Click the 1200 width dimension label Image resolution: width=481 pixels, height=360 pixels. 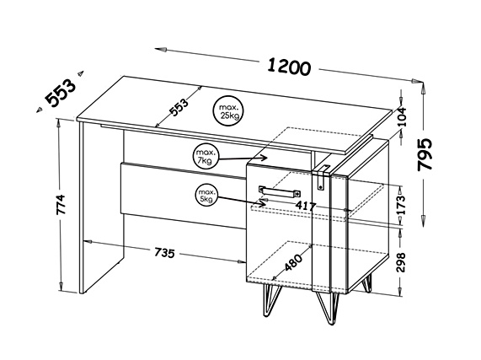click(x=289, y=67)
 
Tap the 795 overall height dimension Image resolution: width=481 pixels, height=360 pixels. click(x=425, y=154)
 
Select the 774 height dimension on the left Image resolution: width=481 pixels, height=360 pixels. click(x=61, y=204)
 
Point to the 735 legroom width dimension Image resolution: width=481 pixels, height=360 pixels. click(x=164, y=253)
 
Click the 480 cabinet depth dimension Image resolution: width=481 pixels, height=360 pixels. click(x=293, y=262)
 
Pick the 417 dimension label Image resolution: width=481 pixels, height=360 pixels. click(x=306, y=206)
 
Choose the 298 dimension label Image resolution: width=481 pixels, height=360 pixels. click(x=401, y=262)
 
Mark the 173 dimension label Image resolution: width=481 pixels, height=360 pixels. click(x=401, y=205)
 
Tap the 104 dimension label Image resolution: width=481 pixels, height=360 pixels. click(x=401, y=117)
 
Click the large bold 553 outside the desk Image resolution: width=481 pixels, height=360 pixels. click(x=60, y=93)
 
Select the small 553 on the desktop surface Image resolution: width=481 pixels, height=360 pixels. click(x=179, y=107)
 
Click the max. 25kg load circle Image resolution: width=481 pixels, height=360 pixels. click(x=228, y=111)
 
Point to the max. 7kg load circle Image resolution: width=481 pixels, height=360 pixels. click(x=205, y=157)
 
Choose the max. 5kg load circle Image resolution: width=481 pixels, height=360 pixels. click(x=206, y=196)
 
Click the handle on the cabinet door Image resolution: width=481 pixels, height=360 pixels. click(x=280, y=191)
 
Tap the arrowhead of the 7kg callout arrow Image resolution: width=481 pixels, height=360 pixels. click(x=264, y=158)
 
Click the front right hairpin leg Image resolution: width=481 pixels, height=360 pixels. click(x=328, y=308)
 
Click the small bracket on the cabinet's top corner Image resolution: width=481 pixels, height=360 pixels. click(x=321, y=178)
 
